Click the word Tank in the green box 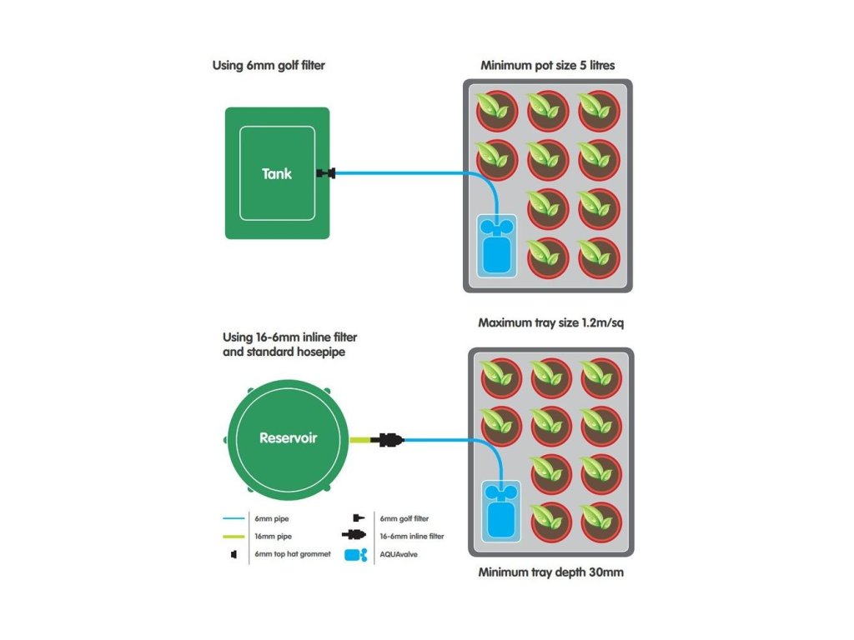click(277, 174)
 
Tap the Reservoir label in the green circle click(288, 437)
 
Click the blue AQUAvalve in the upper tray click(496, 247)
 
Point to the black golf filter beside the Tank click(325, 174)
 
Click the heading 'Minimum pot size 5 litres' click(547, 65)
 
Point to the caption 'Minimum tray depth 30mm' click(550, 572)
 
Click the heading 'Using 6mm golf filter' click(269, 65)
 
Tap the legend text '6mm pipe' click(271, 518)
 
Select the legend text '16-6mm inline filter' click(411, 536)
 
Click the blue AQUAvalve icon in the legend click(357, 555)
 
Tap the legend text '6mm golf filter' click(404, 518)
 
